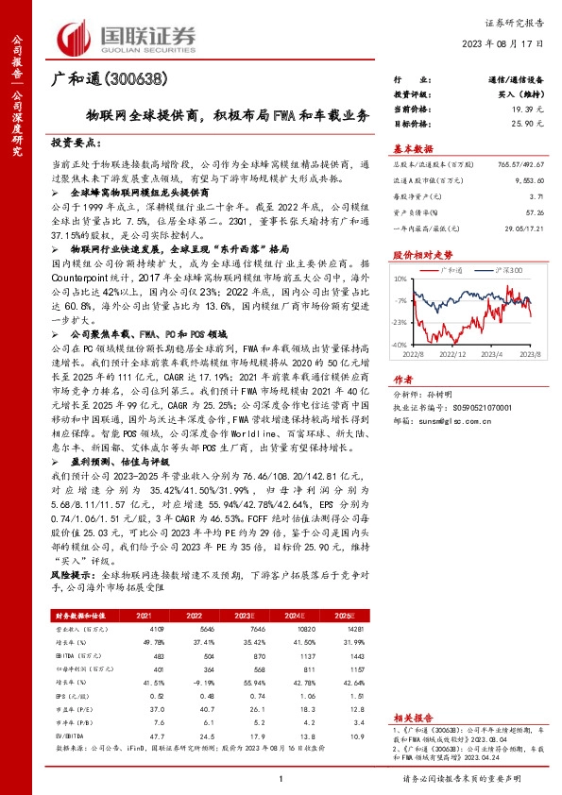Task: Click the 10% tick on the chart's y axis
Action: pos(400,279)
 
